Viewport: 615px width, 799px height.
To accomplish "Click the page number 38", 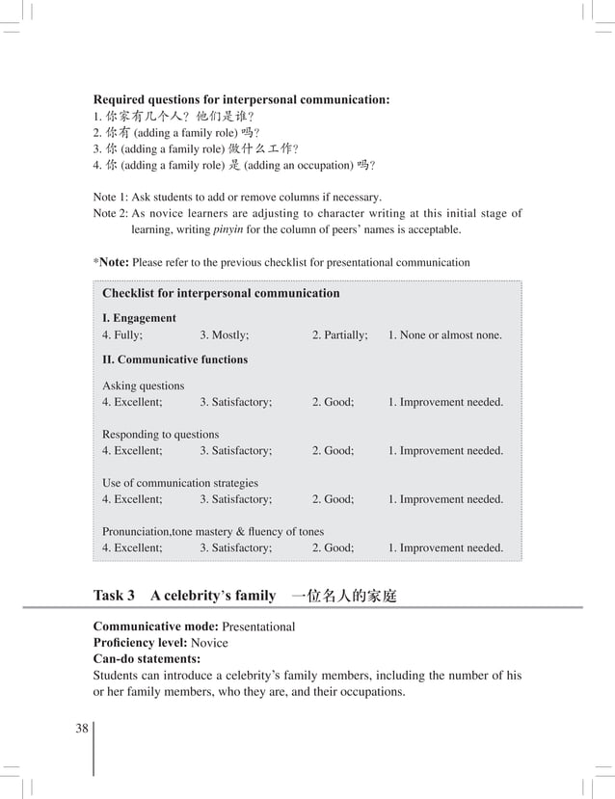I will coord(82,729).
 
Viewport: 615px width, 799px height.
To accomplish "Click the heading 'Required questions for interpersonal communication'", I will coord(241,98).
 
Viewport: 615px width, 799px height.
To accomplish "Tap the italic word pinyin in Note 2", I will coord(227,230).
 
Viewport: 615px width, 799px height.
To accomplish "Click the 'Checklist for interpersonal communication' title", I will coord(221,293).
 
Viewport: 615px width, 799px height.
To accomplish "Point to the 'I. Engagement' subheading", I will coord(139,317).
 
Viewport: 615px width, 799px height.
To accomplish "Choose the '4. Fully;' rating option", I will coord(122,335).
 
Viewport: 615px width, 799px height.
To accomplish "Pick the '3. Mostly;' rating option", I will coord(224,335).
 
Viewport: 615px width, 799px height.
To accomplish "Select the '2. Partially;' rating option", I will coord(339,335).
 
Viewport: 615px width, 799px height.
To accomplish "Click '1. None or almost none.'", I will coord(444,335).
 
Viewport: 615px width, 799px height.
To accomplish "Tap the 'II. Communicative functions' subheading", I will coord(174,360).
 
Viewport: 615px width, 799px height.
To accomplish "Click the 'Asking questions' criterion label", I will coord(144,386).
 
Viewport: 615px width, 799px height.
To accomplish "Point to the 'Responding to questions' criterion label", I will coord(161,434).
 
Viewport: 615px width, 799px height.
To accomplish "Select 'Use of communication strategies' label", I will coord(180,482).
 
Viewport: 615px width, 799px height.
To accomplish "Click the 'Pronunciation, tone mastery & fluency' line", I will coord(213,531).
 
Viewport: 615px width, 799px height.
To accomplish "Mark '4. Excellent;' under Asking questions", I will coord(132,402).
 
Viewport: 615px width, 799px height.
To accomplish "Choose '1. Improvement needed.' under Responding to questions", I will coord(444,450).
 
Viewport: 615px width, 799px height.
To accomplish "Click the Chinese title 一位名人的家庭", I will coord(343,596).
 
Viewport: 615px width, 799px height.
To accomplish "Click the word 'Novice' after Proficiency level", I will coord(209,643).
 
